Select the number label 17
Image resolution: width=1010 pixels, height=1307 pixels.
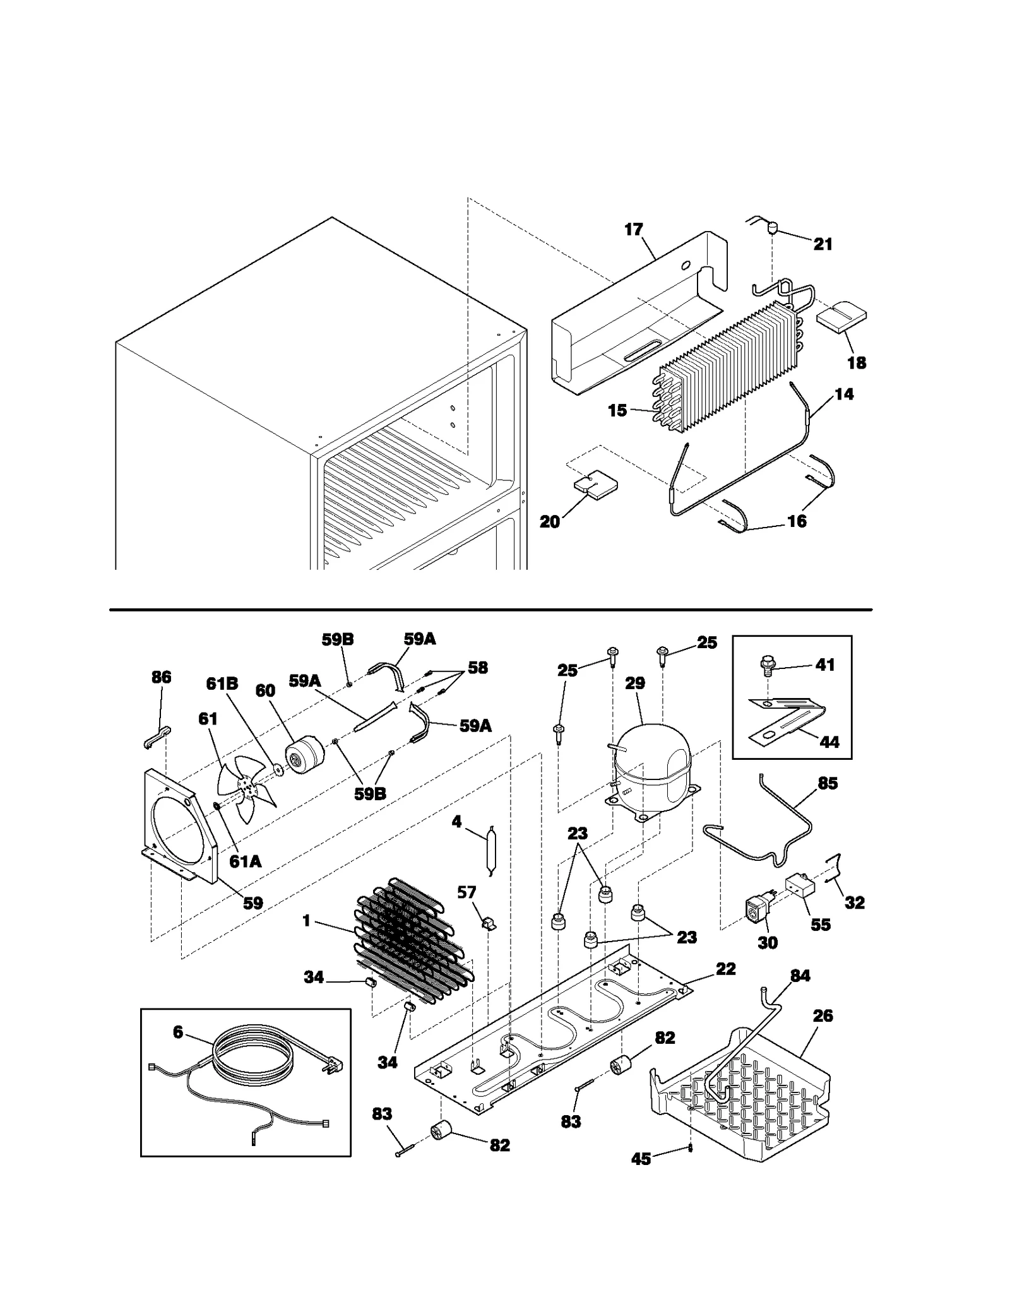click(633, 230)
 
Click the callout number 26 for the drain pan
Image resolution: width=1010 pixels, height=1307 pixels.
click(823, 1015)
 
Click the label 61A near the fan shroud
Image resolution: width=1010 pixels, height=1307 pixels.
click(245, 861)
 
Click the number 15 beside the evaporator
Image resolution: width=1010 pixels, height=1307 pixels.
click(617, 410)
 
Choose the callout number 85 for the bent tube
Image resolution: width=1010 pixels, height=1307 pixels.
click(827, 783)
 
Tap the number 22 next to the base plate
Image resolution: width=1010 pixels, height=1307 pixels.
click(725, 969)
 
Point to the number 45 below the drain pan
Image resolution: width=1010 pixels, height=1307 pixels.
click(641, 1159)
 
